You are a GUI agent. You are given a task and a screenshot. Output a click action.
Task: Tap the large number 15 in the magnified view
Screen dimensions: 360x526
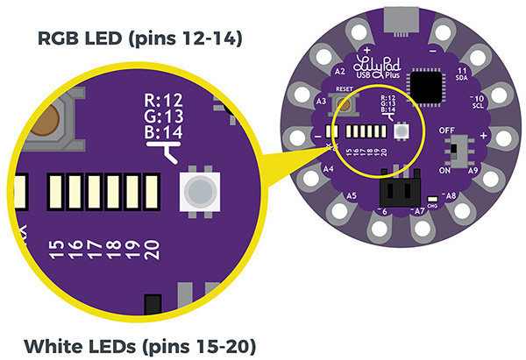pos(58,249)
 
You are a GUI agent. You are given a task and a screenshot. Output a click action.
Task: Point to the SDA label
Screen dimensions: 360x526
pos(461,77)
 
